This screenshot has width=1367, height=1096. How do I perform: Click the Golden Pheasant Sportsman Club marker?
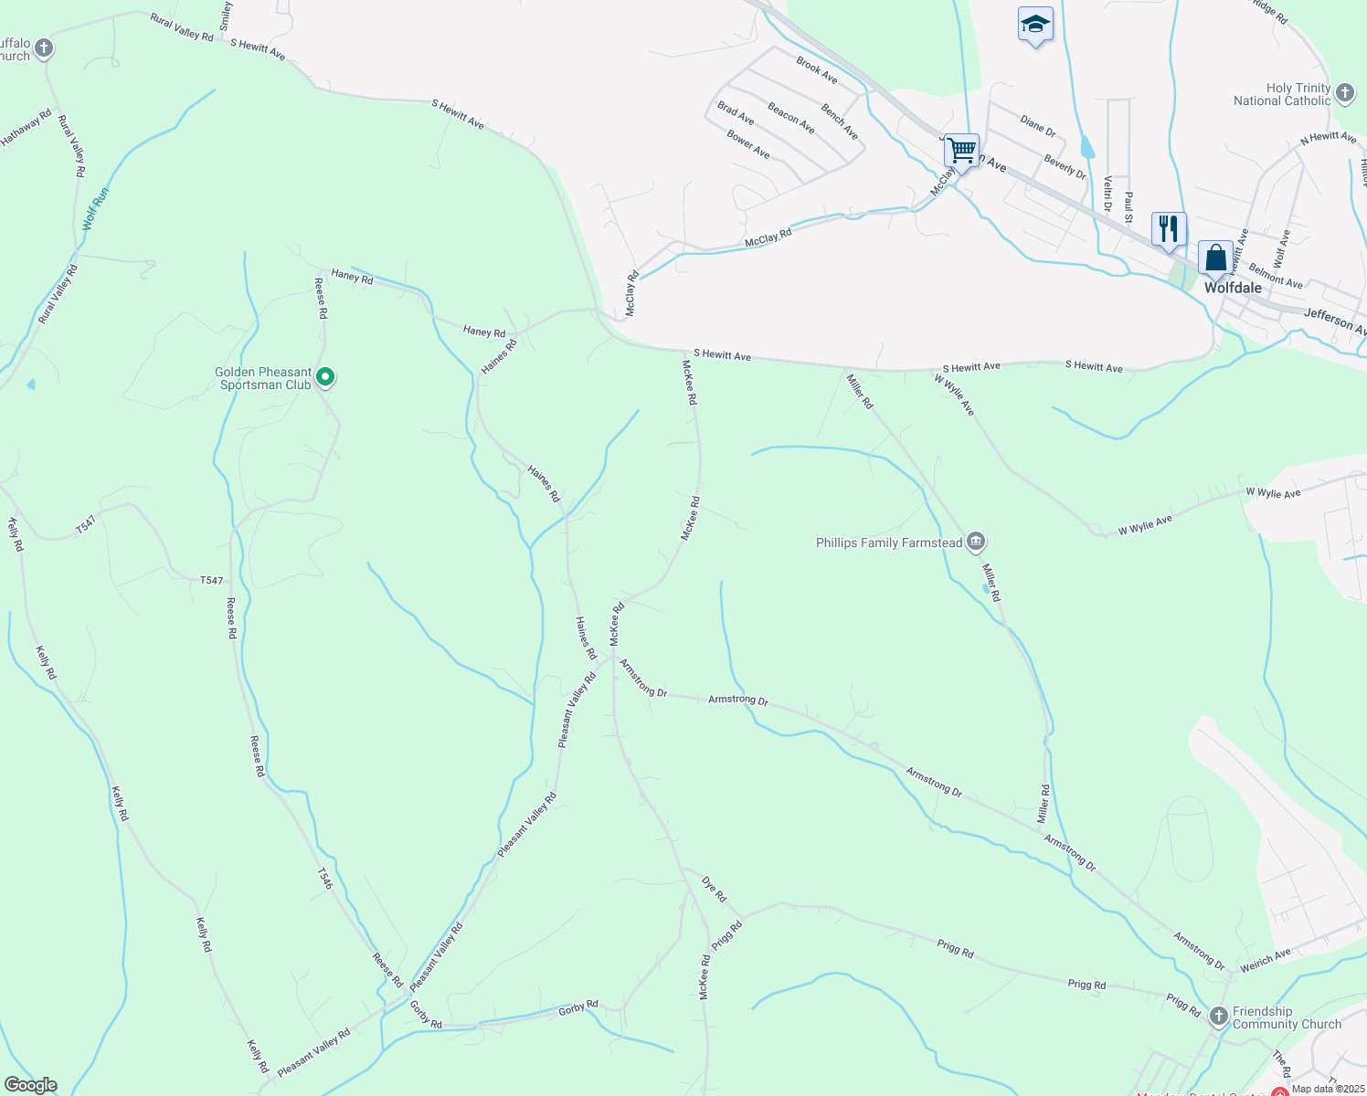pos(325,377)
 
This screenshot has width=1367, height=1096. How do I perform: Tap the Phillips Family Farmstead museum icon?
pos(976,543)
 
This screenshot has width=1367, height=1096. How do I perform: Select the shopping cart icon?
pos(961,150)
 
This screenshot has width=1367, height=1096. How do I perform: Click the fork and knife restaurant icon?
pos(1169,228)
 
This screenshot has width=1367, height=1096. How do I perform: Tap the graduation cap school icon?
pos(1035,25)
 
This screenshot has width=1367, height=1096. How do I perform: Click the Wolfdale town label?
pos(1233,288)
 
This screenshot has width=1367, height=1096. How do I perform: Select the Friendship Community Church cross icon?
pos(1218,1017)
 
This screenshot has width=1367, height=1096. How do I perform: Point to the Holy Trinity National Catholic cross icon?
pos(1344,93)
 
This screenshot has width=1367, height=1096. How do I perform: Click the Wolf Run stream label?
pos(95,208)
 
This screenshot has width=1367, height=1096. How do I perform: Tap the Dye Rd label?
pos(714,890)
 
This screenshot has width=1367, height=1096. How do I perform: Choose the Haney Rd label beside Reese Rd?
pos(352,276)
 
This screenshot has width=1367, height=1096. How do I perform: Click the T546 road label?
pos(325,878)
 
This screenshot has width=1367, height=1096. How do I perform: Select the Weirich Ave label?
pos(1266,960)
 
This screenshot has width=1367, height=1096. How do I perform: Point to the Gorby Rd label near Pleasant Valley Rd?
pos(426,1014)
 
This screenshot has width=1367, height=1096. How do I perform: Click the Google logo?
pos(31,1085)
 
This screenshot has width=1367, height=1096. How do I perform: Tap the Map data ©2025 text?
pos(1327,1089)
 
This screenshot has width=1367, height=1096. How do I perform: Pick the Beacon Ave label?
pos(791,118)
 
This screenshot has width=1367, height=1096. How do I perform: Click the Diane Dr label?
pos(1038,126)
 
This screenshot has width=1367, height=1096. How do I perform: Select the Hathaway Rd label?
pos(26,128)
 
